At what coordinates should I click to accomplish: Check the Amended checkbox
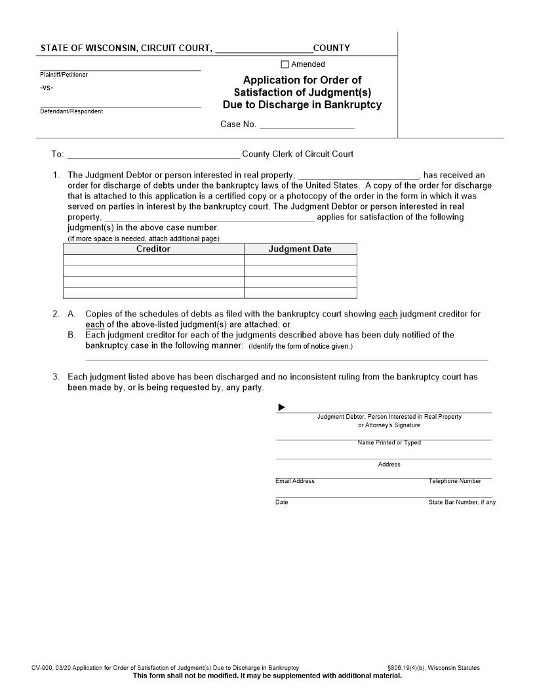(285, 64)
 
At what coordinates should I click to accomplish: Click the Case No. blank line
(307, 124)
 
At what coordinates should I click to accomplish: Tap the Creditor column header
(153, 249)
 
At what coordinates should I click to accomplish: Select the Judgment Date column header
(300, 249)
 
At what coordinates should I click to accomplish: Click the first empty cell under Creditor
(153, 260)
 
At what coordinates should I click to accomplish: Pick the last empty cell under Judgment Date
(300, 293)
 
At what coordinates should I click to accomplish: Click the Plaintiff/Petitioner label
(64, 75)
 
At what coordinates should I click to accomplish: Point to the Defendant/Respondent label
(71, 111)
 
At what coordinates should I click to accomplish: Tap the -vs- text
(47, 88)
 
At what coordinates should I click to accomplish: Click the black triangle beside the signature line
(282, 408)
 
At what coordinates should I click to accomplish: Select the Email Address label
(295, 481)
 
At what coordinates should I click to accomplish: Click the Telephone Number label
(455, 481)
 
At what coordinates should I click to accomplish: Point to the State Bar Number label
(462, 503)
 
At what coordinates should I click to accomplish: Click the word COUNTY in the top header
(332, 48)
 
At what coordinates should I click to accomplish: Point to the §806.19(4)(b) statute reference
(406, 668)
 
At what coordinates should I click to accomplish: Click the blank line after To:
(153, 155)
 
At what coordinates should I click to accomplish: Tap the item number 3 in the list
(56, 377)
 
